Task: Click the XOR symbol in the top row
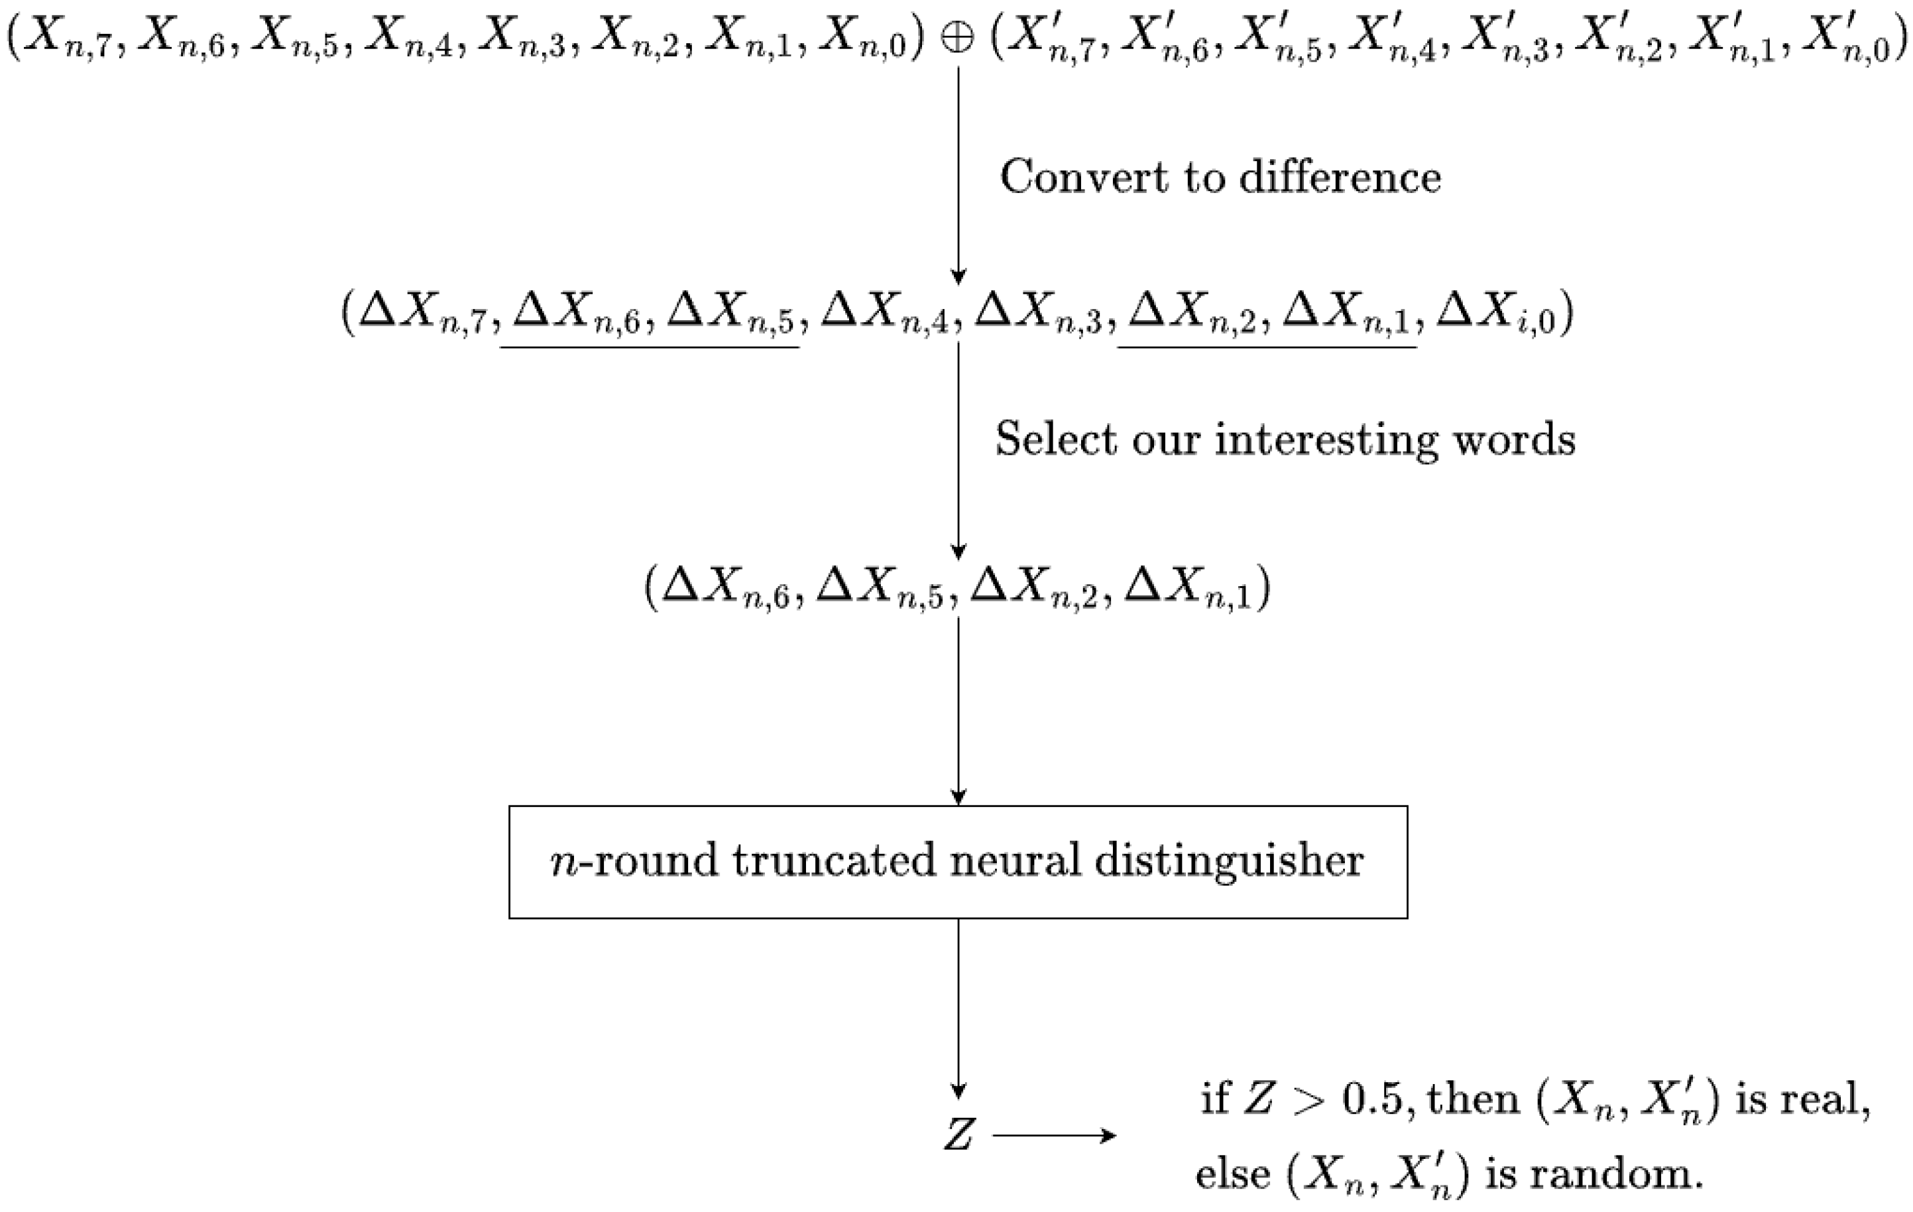957,39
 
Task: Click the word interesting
1326,440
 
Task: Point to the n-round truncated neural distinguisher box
958,863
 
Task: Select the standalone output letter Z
958,1135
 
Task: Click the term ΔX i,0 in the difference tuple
1496,313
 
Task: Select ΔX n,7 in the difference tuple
421,313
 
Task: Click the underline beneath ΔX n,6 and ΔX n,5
649,348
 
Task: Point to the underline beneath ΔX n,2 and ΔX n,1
1267,348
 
